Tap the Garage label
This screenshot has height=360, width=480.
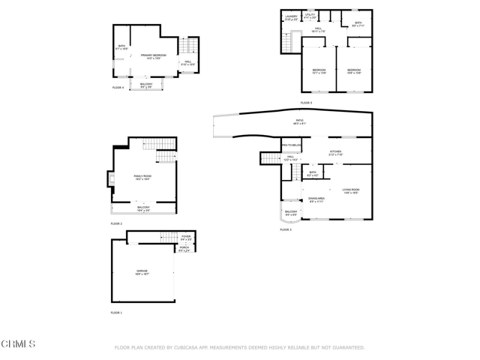click(x=142, y=271)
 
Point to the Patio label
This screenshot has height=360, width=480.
click(x=299, y=122)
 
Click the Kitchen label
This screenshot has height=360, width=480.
click(x=335, y=152)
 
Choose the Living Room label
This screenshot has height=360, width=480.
click(x=351, y=190)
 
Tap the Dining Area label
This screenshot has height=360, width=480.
click(x=316, y=199)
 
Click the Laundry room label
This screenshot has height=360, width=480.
click(x=291, y=16)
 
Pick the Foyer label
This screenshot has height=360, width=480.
click(x=186, y=238)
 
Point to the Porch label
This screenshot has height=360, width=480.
click(x=184, y=249)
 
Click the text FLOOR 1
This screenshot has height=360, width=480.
click(x=116, y=312)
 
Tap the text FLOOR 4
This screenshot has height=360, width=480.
click(x=118, y=88)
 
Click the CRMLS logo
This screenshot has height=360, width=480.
click(x=18, y=343)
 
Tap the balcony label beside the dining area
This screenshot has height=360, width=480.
click(x=291, y=213)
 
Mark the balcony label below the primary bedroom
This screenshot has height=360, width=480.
click(x=147, y=85)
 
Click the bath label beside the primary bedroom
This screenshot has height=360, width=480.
click(x=121, y=46)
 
